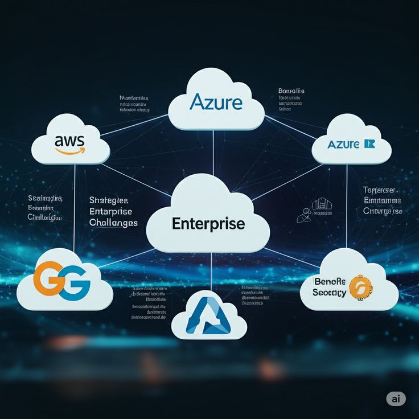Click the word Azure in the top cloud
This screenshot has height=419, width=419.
click(216, 102)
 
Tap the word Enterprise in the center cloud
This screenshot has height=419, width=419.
click(208, 223)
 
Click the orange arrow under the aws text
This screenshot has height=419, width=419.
click(69, 151)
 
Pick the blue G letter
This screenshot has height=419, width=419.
click(74, 283)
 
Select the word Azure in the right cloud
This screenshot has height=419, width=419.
click(343, 144)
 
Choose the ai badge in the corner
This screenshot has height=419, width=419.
click(396, 399)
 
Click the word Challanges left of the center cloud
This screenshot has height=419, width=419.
click(113, 223)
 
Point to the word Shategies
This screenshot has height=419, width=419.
click(109, 200)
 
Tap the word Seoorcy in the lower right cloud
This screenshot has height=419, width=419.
click(330, 293)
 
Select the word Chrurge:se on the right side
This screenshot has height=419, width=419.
click(383, 211)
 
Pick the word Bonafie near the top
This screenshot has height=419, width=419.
click(291, 91)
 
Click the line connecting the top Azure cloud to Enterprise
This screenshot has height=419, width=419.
click(213, 151)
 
